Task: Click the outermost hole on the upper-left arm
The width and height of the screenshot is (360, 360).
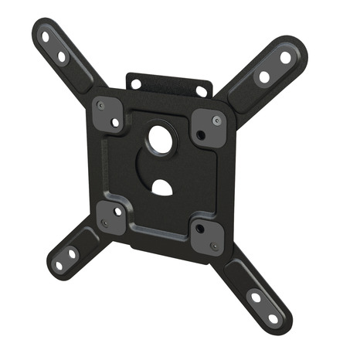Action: tap(45, 36)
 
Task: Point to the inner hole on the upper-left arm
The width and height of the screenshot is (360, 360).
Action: tap(62, 56)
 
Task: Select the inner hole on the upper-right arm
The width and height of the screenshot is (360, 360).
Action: tap(264, 76)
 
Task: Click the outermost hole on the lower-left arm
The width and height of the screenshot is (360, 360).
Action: tap(59, 265)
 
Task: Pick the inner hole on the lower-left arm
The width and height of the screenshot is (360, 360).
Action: tap(72, 253)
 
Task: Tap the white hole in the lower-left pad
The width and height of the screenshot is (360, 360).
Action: tap(117, 210)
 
